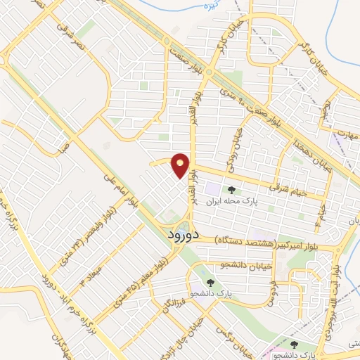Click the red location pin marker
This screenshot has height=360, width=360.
[x=181, y=165]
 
